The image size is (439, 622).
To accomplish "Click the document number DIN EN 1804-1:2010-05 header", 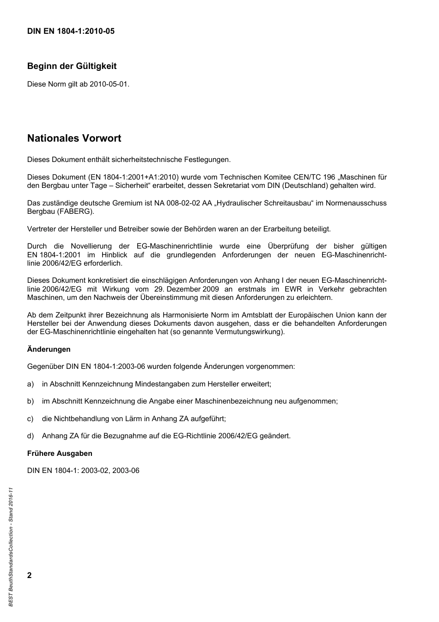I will click(71, 31).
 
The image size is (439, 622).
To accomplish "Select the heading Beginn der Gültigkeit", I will click(72, 66).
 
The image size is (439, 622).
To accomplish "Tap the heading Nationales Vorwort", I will click(74, 138).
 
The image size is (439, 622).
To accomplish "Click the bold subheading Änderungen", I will click(49, 349).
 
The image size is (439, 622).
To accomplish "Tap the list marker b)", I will click(30, 401).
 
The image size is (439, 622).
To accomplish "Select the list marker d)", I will click(30, 436).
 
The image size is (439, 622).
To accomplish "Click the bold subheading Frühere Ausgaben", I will click(60, 454).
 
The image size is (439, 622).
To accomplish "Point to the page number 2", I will click(30, 575).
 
